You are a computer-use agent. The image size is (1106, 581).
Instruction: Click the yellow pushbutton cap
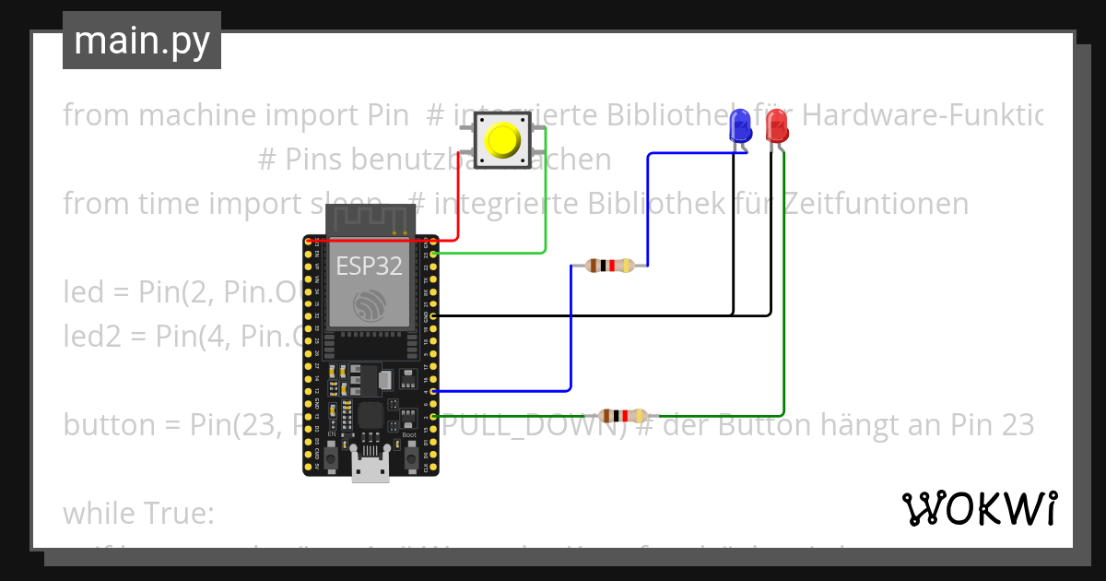(502, 140)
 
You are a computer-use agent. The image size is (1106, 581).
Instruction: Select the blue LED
(739, 125)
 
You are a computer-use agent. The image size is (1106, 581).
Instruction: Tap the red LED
(777, 125)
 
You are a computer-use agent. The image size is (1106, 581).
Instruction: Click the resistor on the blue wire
(609, 266)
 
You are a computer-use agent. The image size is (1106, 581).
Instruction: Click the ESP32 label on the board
(369, 267)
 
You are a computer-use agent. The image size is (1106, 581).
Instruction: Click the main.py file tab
(142, 41)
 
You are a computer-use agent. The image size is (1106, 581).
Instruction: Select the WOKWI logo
(979, 508)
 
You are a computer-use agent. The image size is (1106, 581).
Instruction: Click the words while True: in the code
(138, 513)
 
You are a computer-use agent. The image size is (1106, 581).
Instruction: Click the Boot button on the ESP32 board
(409, 457)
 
